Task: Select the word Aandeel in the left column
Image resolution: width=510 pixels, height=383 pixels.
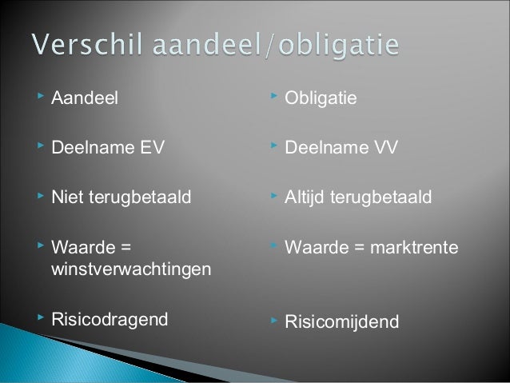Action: coord(84,98)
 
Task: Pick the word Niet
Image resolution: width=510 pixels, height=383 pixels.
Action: coord(66,197)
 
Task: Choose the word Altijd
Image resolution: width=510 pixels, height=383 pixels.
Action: coord(305,197)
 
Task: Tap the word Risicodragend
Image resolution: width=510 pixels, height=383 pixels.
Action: coord(110,319)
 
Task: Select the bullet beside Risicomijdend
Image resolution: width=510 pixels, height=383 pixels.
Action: coord(273,320)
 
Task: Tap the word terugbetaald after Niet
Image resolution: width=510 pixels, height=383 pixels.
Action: coord(138,197)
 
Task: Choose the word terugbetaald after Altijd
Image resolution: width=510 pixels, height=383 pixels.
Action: coord(381,197)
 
